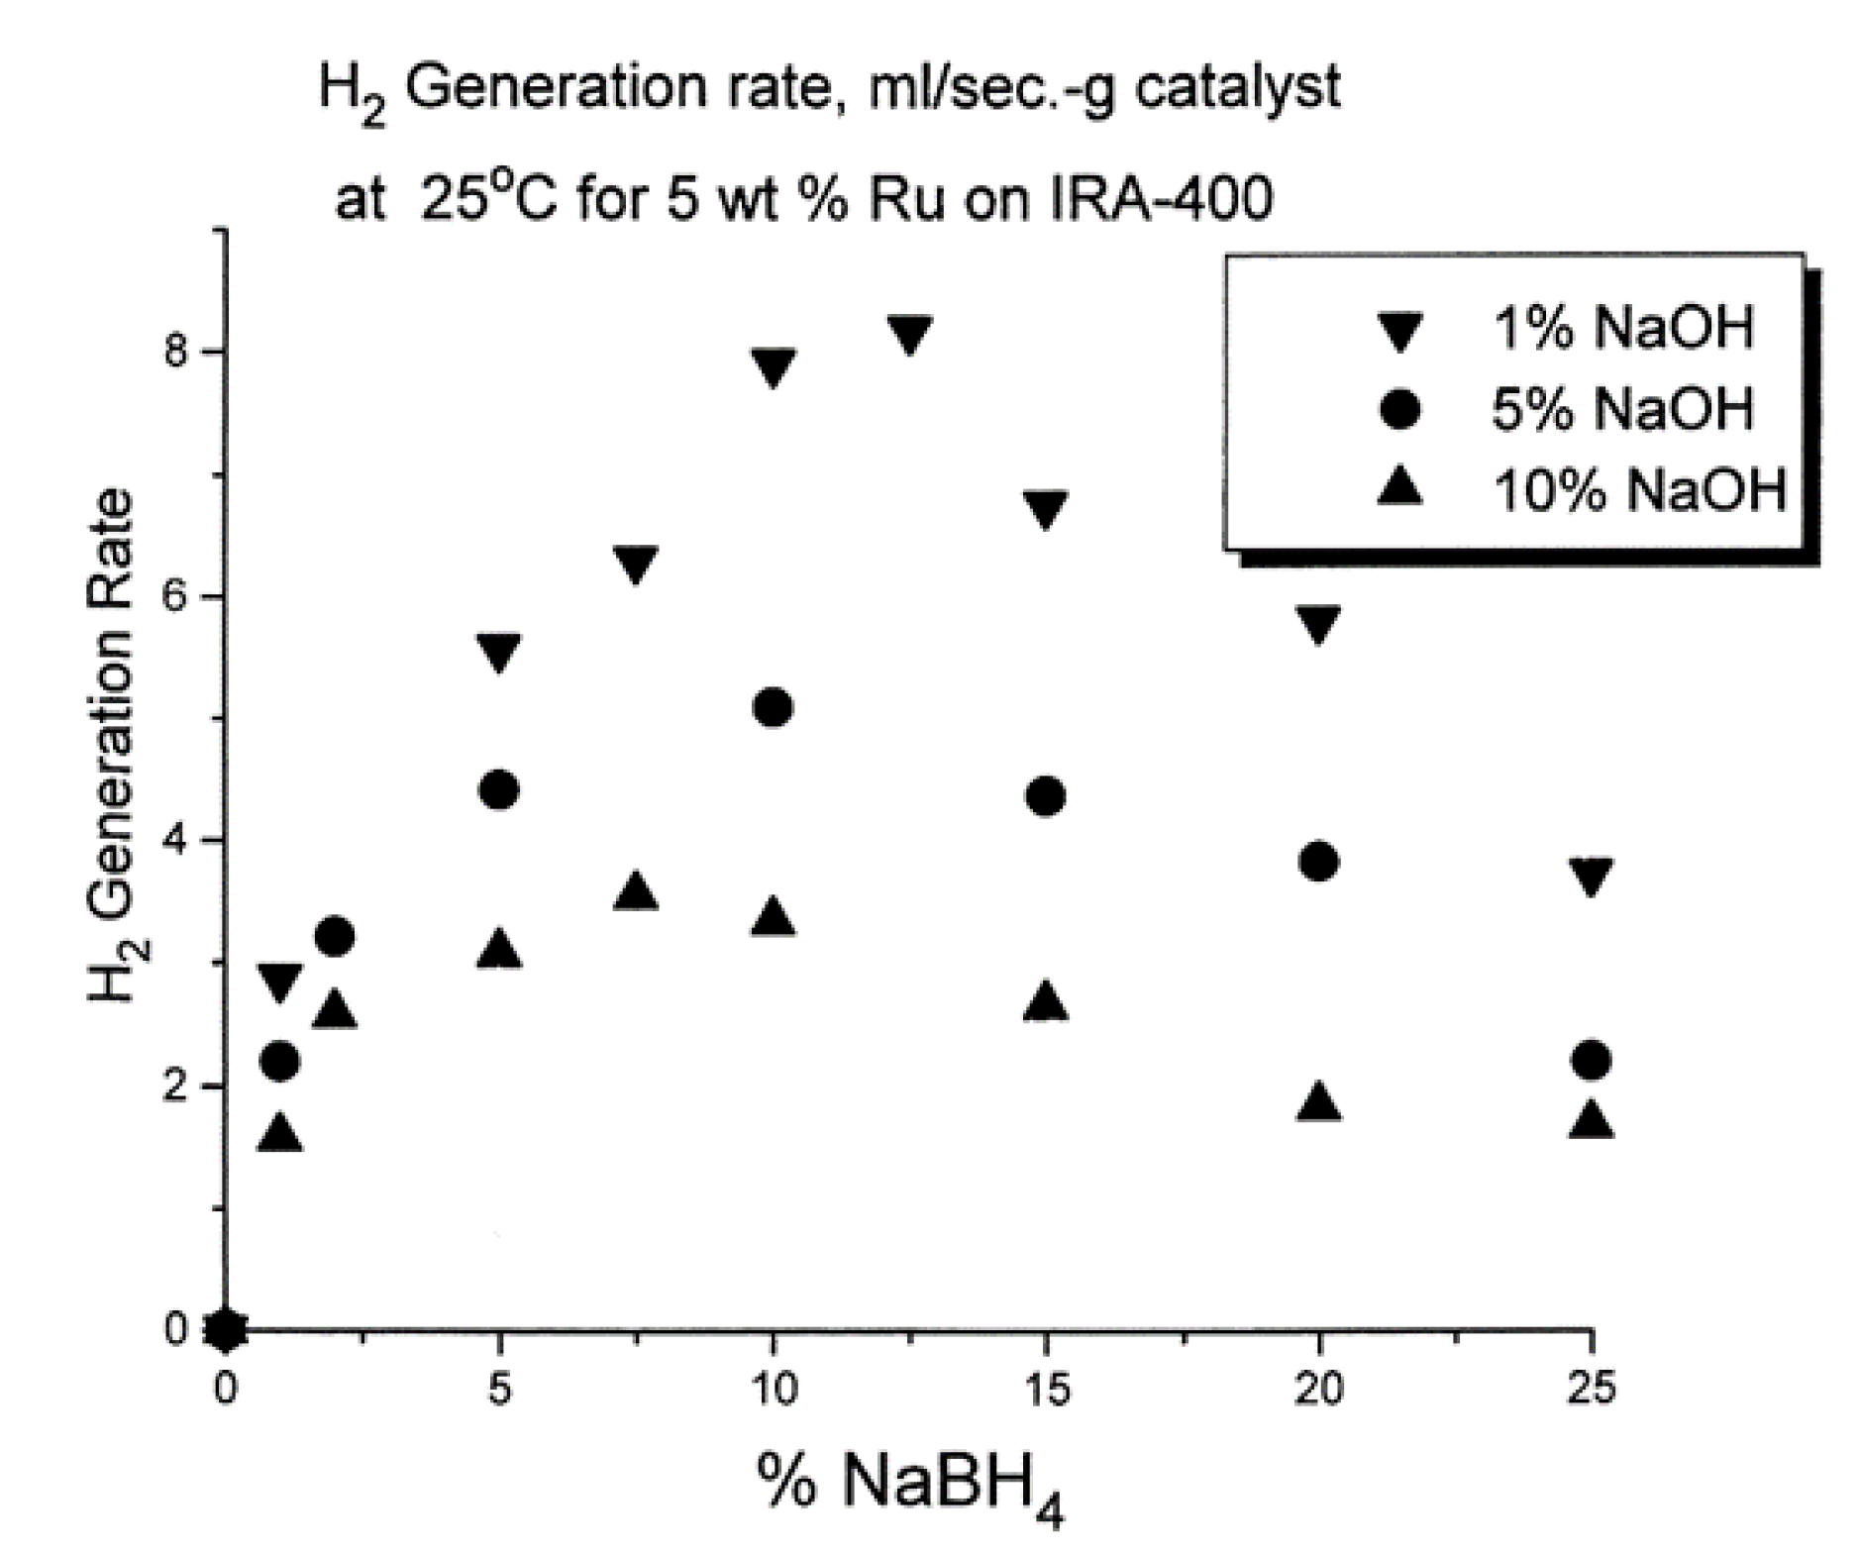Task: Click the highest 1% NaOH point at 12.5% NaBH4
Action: pyautogui.click(x=909, y=335)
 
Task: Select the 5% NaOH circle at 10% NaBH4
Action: pyautogui.click(x=773, y=707)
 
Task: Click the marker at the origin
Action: pyautogui.click(x=226, y=1330)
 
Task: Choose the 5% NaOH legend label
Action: pyautogui.click(x=1622, y=408)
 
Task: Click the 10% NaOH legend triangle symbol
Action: pyautogui.click(x=1399, y=487)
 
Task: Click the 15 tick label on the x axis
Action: pyautogui.click(x=1046, y=1390)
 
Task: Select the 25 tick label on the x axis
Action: pyautogui.click(x=1592, y=1390)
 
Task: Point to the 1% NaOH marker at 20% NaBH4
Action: pyautogui.click(x=1318, y=624)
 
